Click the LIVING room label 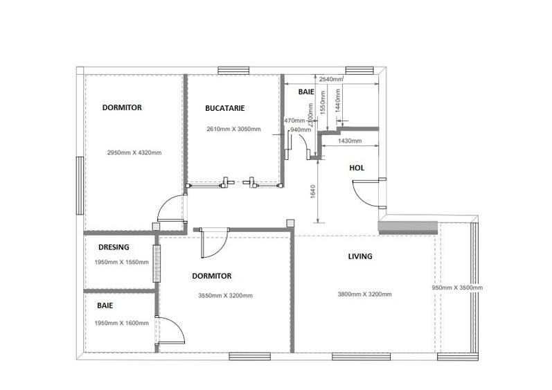coord(359,256)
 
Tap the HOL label coord(357,168)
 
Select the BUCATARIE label coord(224,108)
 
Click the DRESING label coord(114,247)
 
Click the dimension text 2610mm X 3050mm coord(233,129)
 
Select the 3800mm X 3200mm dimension coord(364,294)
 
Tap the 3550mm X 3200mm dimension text coord(226,295)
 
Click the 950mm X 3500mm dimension coord(457,287)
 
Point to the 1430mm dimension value coord(349,141)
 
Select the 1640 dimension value coord(314,191)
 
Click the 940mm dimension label coord(299,130)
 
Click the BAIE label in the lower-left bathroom coord(105,305)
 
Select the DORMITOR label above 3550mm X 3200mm coord(211,276)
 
